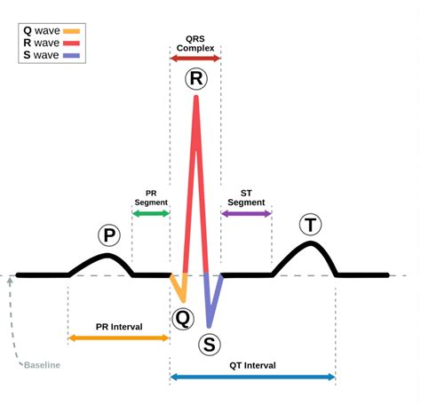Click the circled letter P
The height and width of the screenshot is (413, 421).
tap(109, 235)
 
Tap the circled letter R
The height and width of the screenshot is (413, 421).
tap(196, 79)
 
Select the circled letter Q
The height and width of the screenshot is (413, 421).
tap(183, 319)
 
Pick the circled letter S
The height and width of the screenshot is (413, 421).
tap(210, 345)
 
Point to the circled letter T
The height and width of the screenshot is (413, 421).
tap(310, 225)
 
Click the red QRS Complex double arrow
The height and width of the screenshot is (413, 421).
tap(195, 58)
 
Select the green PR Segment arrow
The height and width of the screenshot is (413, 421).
tap(151, 213)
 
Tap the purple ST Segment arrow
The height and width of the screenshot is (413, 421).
tap(246, 213)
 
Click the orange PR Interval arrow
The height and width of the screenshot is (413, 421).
tap(119, 338)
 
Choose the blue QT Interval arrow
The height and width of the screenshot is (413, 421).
tap(253, 377)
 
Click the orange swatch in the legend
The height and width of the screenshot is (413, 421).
tap(71, 31)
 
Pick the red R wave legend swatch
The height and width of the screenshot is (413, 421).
tap(71, 44)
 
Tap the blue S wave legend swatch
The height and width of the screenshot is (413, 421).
tap(71, 55)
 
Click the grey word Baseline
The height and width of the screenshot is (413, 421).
tap(42, 365)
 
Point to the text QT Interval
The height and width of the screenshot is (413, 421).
tap(252, 365)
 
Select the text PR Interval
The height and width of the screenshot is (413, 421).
tap(119, 327)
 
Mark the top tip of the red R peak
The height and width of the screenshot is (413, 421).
tap(196, 97)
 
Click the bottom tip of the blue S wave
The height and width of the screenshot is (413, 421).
tap(209, 326)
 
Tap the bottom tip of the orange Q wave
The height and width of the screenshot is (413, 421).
tap(184, 301)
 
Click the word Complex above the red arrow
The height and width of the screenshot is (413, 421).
tap(195, 48)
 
